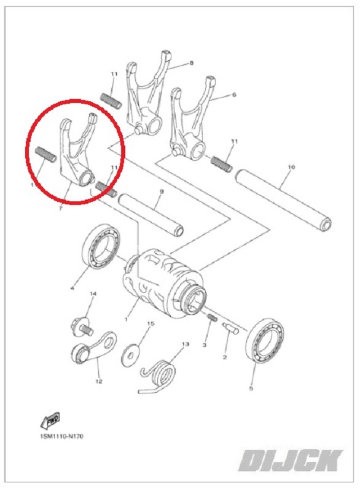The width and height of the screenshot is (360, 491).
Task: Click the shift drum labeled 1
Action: coord(163,283)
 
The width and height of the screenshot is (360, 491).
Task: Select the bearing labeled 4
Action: coord(101,247)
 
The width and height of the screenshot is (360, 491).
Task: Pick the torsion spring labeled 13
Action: coord(158,377)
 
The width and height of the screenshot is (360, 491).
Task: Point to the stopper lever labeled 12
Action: coord(93,348)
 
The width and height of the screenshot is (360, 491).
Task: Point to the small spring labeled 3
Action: coord(213,317)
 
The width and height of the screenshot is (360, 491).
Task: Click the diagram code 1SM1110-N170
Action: coord(61,436)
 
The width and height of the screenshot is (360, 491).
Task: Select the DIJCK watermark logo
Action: coord(291,460)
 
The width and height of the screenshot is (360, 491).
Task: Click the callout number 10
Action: coord(291,167)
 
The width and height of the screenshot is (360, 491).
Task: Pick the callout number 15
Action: coord(151,323)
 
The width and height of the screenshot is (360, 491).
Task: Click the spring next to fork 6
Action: coord(222,164)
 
